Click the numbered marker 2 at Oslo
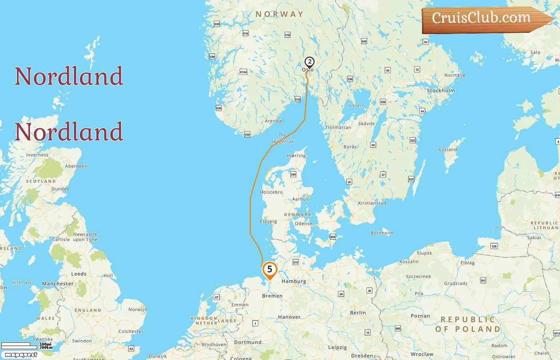click(x=309, y=62)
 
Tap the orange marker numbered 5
click(x=270, y=269)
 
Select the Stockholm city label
click(x=441, y=90)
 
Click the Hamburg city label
click(x=294, y=281)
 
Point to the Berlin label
click(x=358, y=312)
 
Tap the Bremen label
click(x=272, y=296)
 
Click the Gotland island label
click(x=447, y=150)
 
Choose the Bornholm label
click(x=382, y=233)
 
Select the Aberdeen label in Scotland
click(x=76, y=166)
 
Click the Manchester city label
click(x=58, y=284)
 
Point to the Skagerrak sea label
click(x=282, y=138)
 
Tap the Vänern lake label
click(x=356, y=106)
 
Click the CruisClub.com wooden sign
click(x=482, y=19)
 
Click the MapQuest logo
click(x=21, y=355)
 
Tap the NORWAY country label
click(x=280, y=14)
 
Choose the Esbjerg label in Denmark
click(x=268, y=221)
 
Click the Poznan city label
click(x=420, y=316)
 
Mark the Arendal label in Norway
click(x=274, y=121)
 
